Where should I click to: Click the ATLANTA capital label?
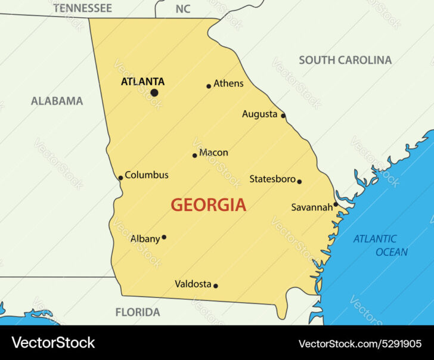[142, 82]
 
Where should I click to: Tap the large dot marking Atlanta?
[154, 92]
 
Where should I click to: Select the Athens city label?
[228, 83]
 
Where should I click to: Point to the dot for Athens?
[209, 86]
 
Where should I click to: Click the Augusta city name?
[259, 114]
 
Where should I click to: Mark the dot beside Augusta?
[283, 116]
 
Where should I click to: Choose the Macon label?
[213, 153]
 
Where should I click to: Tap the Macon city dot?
[194, 156]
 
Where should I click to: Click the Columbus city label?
[146, 175]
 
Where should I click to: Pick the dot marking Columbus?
[120, 178]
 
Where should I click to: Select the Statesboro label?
[272, 179]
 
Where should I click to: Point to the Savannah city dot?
[336, 204]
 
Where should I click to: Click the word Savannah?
[311, 207]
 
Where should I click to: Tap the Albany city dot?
[164, 237]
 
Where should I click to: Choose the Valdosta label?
[193, 284]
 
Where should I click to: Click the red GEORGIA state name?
[208, 205]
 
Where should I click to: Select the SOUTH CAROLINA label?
[345, 60]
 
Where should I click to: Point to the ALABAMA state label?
[57, 101]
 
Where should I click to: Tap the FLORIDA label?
[137, 312]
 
